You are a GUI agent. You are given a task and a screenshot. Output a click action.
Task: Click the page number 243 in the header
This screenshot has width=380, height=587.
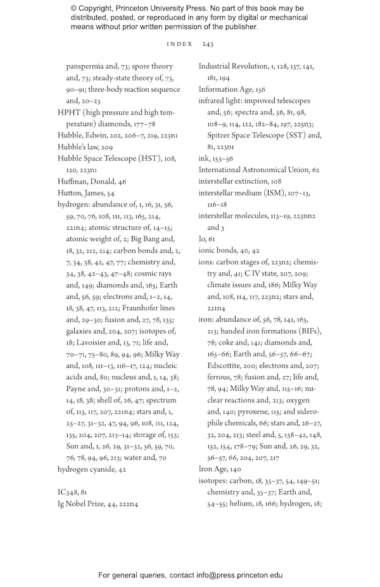pyautogui.click(x=208, y=44)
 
